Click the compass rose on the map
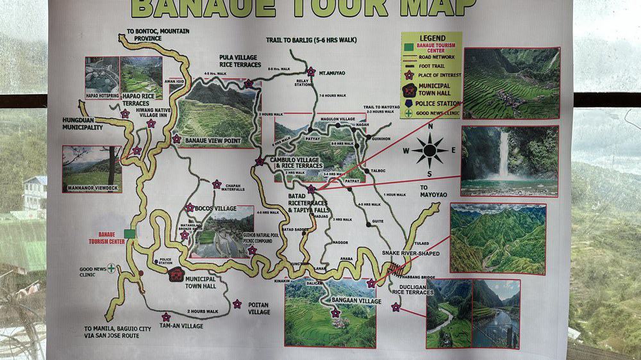(429, 151)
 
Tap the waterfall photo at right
(509, 160)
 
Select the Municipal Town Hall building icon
(176, 275)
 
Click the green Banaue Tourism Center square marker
(130, 234)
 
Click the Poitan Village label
(259, 308)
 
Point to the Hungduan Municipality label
(83, 124)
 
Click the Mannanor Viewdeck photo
(92, 169)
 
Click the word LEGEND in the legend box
(431, 38)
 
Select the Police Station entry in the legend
(438, 103)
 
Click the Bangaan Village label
(356, 301)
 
